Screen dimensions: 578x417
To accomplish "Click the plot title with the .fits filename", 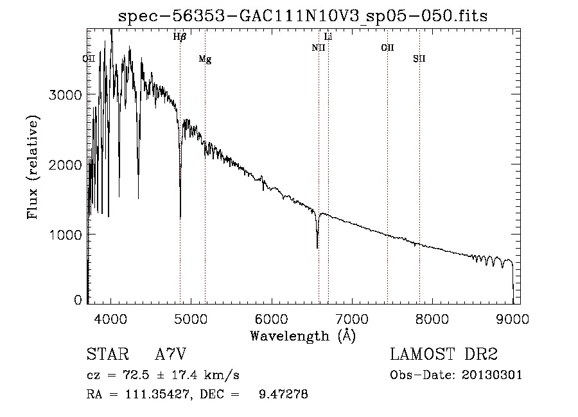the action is tap(302, 16).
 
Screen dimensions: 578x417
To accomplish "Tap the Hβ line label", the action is tap(180, 37).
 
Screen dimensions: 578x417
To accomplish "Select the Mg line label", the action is tap(205, 59).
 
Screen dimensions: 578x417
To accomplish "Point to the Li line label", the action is tap(328, 37).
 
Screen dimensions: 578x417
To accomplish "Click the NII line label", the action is tap(319, 48).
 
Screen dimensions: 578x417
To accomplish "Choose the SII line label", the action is tap(419, 58).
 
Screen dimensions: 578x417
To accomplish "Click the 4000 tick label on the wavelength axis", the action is tap(110, 319).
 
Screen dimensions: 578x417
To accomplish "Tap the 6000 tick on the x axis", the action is tap(272, 319).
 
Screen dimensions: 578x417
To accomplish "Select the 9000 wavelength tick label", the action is tap(512, 319).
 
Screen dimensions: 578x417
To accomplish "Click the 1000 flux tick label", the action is tap(66, 235).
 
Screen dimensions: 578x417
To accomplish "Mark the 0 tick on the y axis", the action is tap(78, 300).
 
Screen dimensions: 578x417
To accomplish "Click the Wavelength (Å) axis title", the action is tap(303, 336).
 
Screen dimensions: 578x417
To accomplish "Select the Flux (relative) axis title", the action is tap(33, 167).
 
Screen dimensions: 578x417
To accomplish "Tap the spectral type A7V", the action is tap(171, 354).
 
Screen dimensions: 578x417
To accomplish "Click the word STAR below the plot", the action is tap(108, 354).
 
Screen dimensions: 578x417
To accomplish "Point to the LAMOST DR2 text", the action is tap(444, 354).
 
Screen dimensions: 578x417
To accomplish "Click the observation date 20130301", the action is tap(492, 375).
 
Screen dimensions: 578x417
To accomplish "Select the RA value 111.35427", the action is tap(158, 394).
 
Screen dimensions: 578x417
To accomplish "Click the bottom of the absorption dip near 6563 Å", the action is tap(317, 248).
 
